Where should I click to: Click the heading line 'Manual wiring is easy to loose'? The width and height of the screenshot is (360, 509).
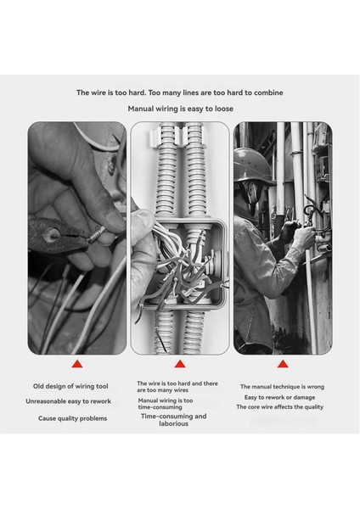tap(180, 109)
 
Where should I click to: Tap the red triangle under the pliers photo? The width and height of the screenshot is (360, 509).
tap(77, 364)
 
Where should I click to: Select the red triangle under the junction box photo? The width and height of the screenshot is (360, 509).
tap(180, 364)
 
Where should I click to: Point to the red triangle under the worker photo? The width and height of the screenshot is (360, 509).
tap(283, 364)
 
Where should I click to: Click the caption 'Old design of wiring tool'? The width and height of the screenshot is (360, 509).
tap(70, 386)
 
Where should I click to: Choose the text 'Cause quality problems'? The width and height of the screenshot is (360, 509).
tap(72, 418)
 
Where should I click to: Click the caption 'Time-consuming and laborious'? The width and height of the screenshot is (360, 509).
tap(173, 420)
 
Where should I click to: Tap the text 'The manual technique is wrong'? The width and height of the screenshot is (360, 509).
tap(282, 387)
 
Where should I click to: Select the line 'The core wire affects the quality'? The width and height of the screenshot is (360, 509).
tap(279, 406)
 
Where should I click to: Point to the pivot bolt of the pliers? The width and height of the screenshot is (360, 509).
tap(51, 235)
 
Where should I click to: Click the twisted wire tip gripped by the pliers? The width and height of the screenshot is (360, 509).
tap(97, 234)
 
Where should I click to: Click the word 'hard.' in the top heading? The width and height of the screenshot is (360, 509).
tap(137, 92)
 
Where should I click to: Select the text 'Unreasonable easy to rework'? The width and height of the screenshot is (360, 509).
tap(68, 401)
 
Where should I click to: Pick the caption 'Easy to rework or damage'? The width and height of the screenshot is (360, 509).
tap(279, 397)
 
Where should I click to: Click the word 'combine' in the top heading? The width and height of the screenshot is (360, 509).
tap(268, 92)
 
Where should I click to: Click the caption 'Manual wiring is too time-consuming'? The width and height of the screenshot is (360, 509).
tap(166, 404)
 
